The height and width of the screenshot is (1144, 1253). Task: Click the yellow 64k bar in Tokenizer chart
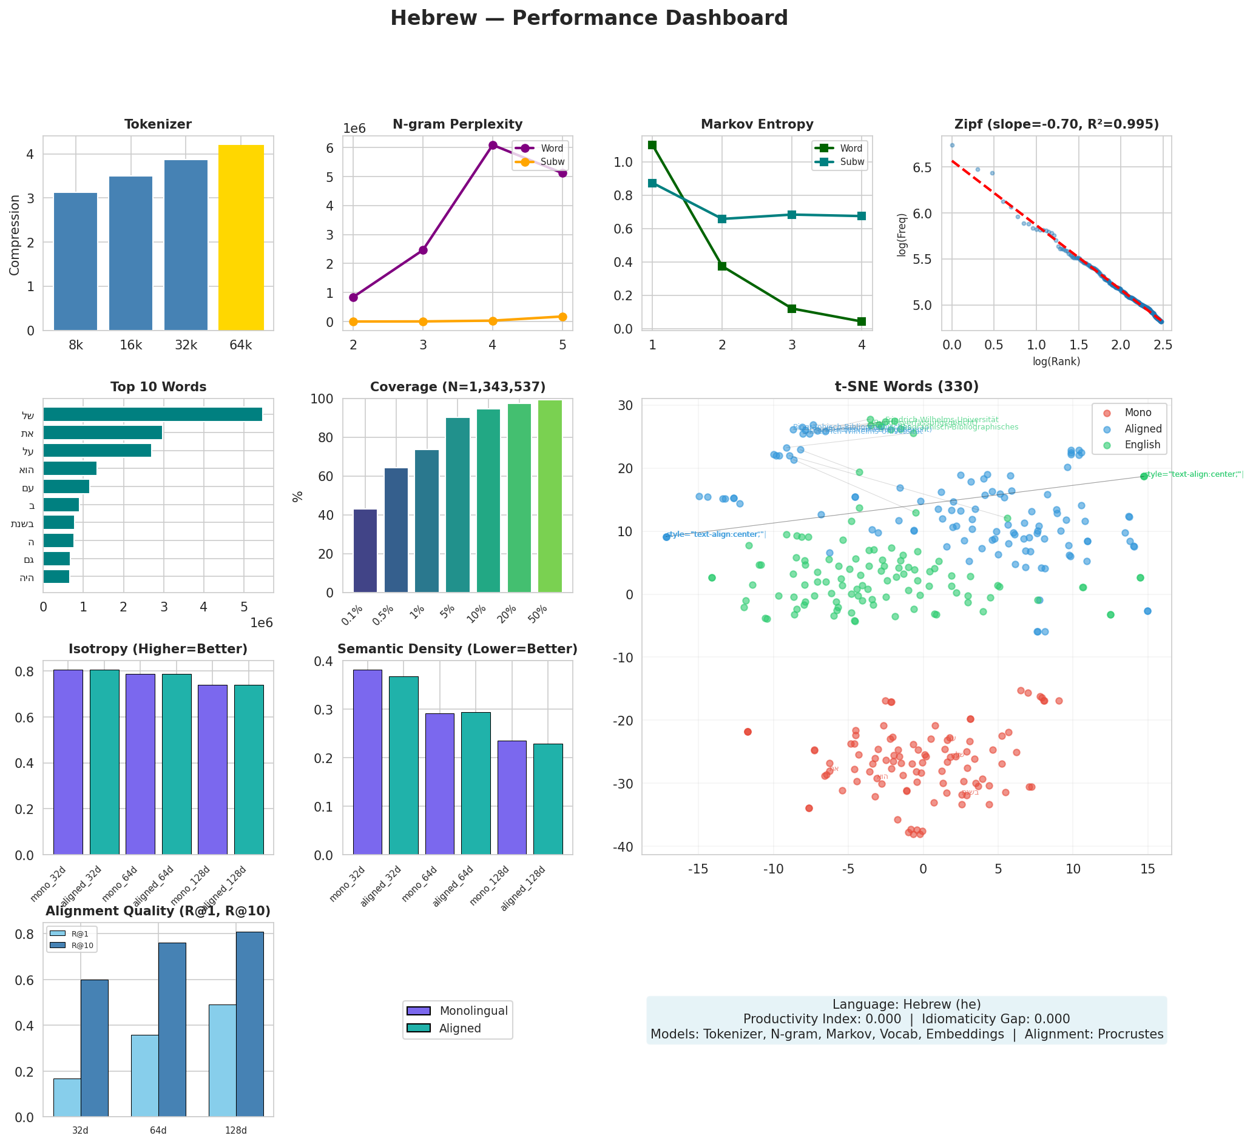(x=241, y=237)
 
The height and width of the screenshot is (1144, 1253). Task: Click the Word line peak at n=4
(x=493, y=146)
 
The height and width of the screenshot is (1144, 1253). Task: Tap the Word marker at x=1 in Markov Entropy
(x=652, y=145)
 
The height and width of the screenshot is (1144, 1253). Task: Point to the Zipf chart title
(x=1056, y=125)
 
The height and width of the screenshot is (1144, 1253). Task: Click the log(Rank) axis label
(x=1056, y=362)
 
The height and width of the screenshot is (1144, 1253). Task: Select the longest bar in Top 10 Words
(x=152, y=414)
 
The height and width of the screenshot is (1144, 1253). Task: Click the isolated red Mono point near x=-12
(x=748, y=732)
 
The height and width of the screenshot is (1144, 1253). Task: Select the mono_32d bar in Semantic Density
(x=367, y=762)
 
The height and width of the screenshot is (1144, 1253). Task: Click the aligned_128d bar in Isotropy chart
(x=249, y=769)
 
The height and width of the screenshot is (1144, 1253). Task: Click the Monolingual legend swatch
(x=417, y=1011)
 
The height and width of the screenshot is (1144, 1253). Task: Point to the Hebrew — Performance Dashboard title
(x=589, y=18)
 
